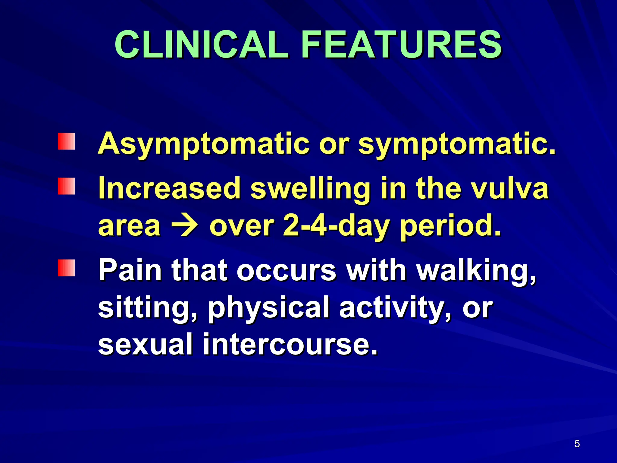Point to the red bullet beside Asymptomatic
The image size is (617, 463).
[x=67, y=141]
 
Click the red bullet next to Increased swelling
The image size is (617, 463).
[x=67, y=186]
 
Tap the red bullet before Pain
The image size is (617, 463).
[x=67, y=268]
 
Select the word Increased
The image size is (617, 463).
[x=170, y=188]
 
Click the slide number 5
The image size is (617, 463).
[x=577, y=444]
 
